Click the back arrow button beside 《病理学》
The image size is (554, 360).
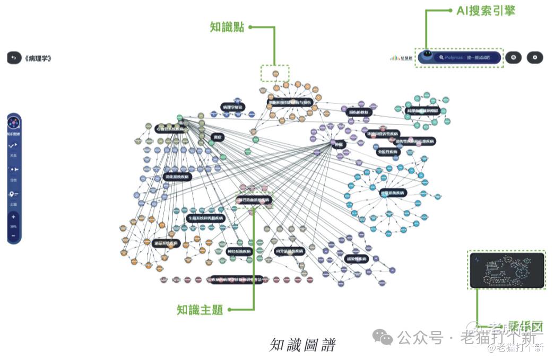(14, 58)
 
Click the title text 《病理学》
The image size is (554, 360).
(38, 58)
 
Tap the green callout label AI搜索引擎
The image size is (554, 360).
(486, 11)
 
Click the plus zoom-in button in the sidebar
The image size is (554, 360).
(13, 217)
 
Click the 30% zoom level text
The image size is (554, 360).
(13, 226)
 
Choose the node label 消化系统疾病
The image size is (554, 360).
(177, 177)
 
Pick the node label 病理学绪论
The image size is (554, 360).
(232, 107)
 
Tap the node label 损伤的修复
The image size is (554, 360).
(359, 112)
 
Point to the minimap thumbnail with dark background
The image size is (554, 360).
(507, 270)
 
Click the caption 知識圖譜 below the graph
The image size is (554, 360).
(302, 345)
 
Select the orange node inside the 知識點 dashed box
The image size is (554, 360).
(275, 74)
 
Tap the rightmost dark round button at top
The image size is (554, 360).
(535, 57)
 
